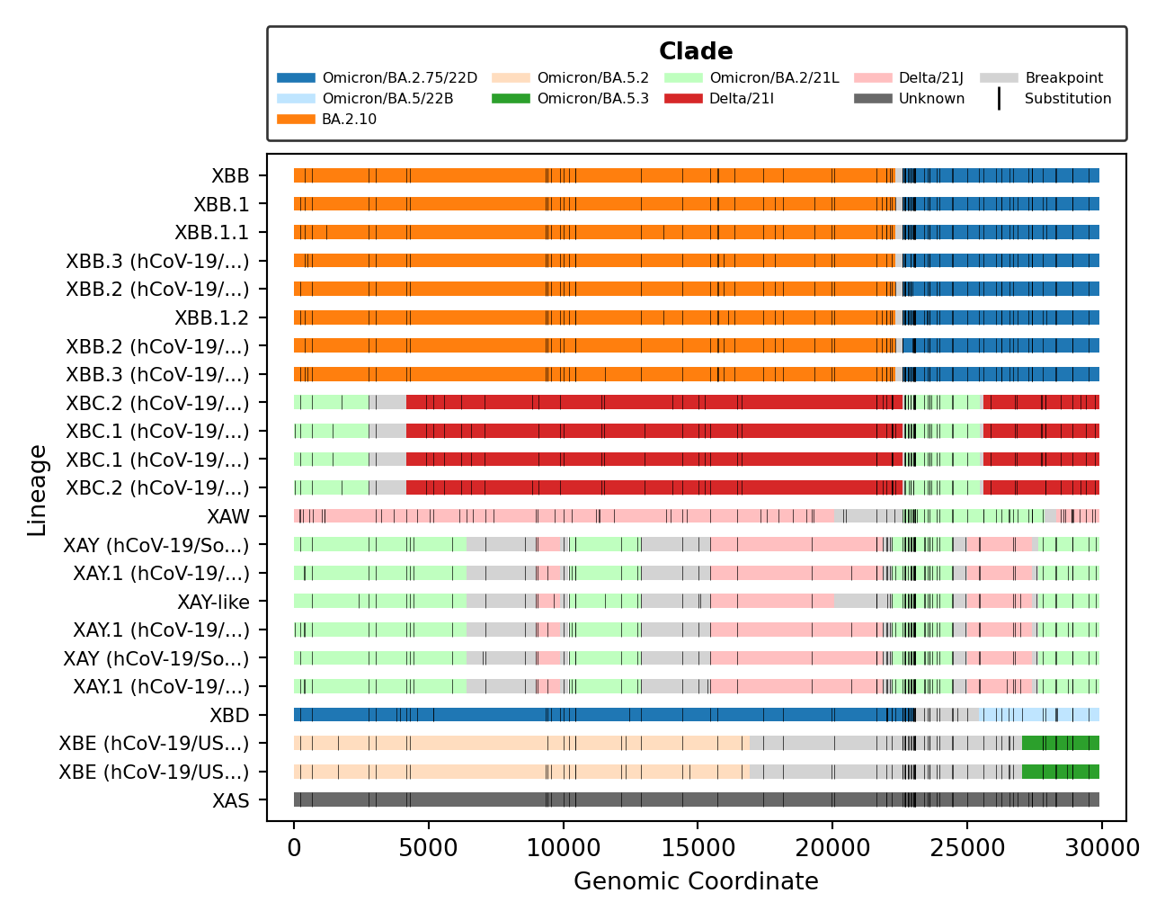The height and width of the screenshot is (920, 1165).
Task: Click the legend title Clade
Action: coord(695,51)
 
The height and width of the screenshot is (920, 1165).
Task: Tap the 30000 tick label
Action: coord(1101,848)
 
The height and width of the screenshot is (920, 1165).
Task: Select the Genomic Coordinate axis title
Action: coord(696,881)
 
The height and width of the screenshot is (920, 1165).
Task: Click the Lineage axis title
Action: coord(37,490)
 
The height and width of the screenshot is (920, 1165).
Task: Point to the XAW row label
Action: coord(228,517)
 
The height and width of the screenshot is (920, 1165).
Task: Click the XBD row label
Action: coord(229,716)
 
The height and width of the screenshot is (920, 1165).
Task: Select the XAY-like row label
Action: coord(213,603)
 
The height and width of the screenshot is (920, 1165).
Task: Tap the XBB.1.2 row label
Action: coord(211,318)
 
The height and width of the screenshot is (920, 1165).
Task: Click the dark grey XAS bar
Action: coord(584,800)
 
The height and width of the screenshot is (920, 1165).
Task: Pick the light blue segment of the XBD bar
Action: coord(1038,715)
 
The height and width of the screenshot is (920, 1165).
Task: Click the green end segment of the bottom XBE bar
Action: coord(1061,772)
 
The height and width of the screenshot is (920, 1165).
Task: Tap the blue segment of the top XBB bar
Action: coord(1007,175)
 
